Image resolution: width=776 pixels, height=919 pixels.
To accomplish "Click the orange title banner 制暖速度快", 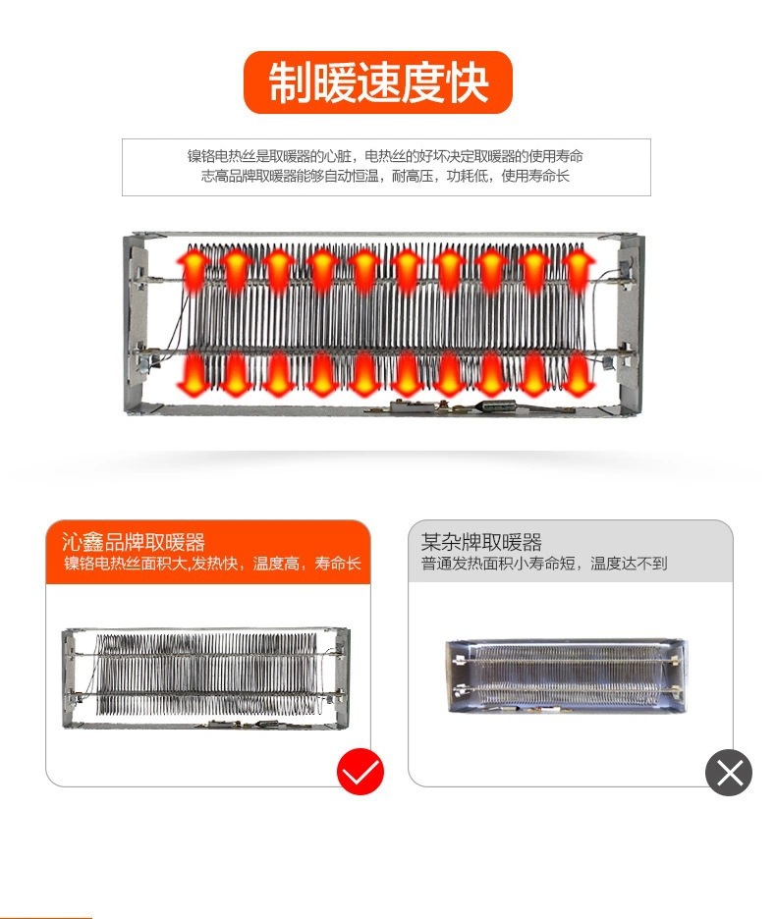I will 378,82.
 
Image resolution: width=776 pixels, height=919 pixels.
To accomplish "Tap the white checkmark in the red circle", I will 360,773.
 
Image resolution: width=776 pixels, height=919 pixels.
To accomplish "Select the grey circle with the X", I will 729,773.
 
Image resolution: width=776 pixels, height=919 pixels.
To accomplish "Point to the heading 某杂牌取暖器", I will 481,542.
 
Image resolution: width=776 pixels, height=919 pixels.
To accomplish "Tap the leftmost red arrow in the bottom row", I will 194,372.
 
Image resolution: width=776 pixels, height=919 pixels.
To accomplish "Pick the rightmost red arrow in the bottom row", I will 579,372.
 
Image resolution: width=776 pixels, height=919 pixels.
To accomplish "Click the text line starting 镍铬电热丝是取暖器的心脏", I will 385,156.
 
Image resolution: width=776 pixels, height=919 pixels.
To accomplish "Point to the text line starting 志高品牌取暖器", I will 385,177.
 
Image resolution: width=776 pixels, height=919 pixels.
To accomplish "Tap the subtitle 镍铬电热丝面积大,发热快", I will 212,565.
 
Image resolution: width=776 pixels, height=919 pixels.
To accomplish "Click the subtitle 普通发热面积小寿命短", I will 544,564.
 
